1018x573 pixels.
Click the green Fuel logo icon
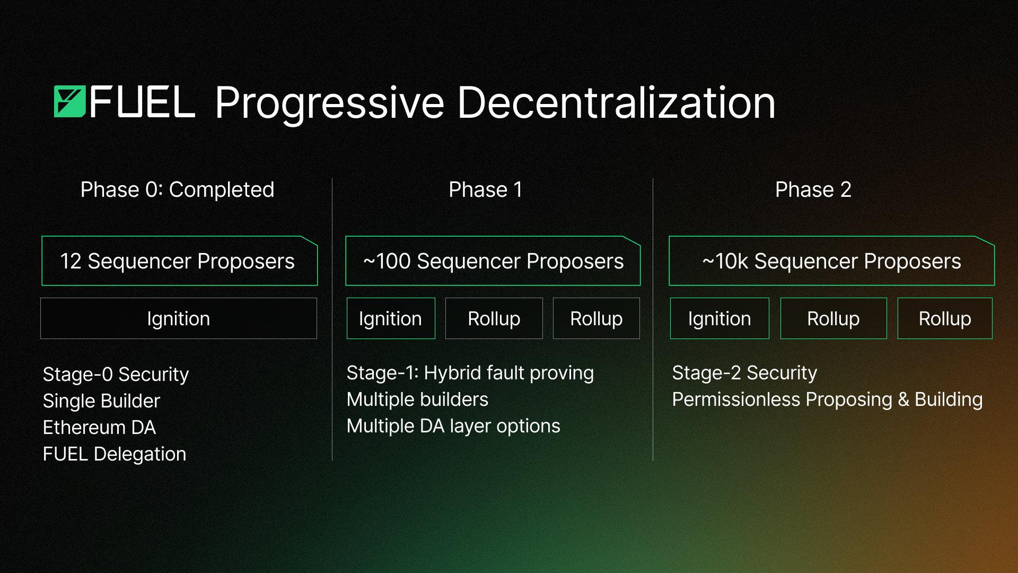(69, 101)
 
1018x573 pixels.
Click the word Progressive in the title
(329, 103)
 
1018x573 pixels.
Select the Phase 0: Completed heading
(177, 189)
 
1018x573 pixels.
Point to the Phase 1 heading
(486, 189)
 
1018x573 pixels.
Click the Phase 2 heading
(813, 189)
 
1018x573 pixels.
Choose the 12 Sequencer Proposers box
(179, 261)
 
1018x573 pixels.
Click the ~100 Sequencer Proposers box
(493, 261)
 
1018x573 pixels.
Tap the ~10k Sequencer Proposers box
(831, 261)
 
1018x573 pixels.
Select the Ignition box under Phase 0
(179, 318)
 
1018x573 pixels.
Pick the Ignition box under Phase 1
(391, 318)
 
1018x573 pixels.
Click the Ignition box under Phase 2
(719, 318)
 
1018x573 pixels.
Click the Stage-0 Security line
(116, 375)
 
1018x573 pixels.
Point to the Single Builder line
(101, 401)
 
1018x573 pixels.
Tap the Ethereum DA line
(99, 428)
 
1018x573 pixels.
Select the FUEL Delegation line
(115, 454)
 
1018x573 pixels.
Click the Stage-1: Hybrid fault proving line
(470, 374)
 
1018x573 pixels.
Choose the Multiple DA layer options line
(453, 426)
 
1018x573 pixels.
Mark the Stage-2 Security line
(744, 373)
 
